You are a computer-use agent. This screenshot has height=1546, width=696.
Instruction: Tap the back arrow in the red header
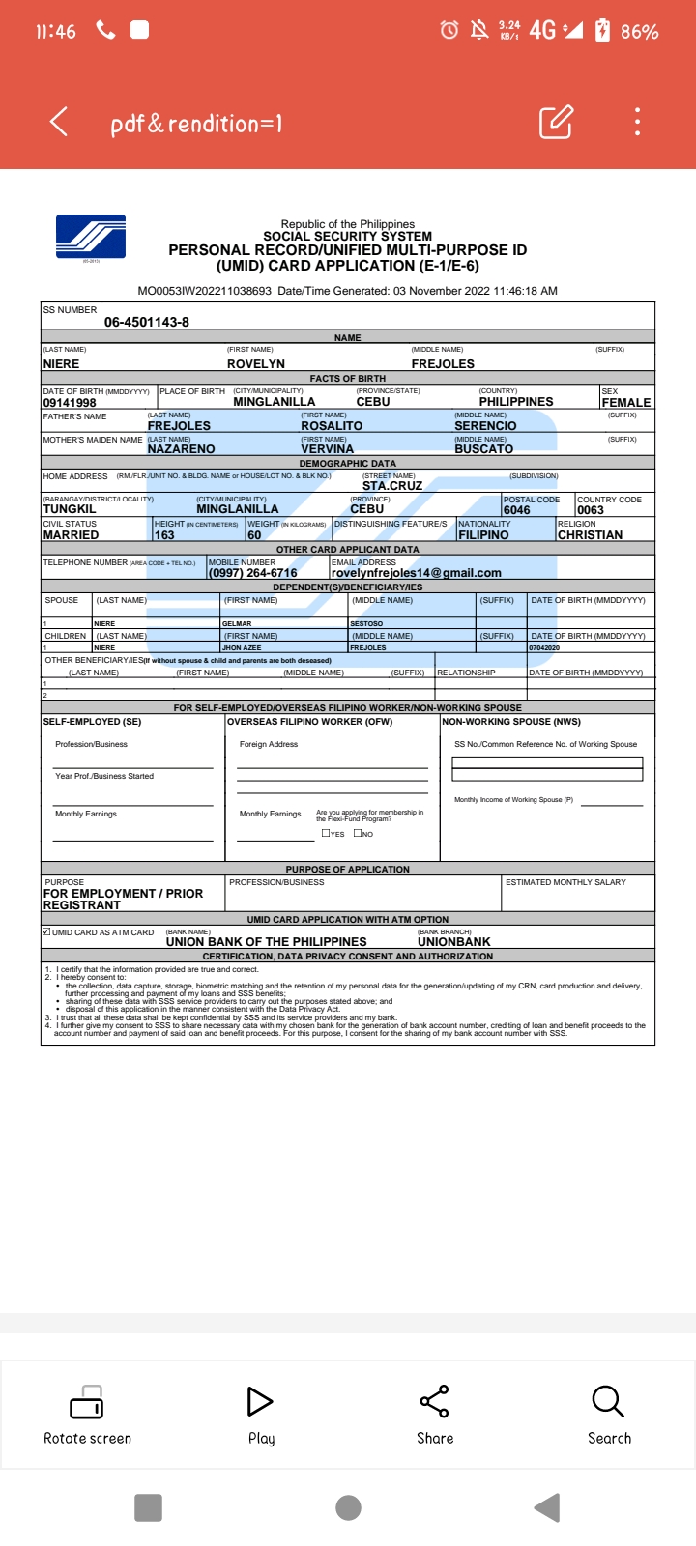59,122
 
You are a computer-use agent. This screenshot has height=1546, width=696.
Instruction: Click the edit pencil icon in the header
556,122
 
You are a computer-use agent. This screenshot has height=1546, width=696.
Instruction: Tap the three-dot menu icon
637,122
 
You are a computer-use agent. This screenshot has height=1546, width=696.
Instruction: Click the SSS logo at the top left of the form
91,237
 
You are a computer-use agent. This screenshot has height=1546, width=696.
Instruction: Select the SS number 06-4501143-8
147,322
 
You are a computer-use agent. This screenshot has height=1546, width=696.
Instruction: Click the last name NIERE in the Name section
61,364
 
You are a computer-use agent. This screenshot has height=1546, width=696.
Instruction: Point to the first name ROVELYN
256,364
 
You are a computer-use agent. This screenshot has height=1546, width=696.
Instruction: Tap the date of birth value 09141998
70,403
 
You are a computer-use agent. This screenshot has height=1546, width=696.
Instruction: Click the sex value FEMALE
626,403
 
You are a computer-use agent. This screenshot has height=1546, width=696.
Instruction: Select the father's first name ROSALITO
332,426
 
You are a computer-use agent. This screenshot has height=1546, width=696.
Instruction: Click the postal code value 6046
517,510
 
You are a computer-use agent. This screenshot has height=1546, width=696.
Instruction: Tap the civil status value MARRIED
71,535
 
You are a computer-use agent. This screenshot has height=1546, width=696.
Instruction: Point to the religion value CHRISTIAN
590,535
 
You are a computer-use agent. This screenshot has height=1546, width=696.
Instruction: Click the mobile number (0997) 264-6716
253,573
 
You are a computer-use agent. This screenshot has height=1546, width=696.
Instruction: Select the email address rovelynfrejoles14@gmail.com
417,573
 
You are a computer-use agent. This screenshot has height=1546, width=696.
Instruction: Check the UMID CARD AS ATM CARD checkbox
46,932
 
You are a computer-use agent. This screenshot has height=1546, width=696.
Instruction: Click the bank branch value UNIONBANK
454,942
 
